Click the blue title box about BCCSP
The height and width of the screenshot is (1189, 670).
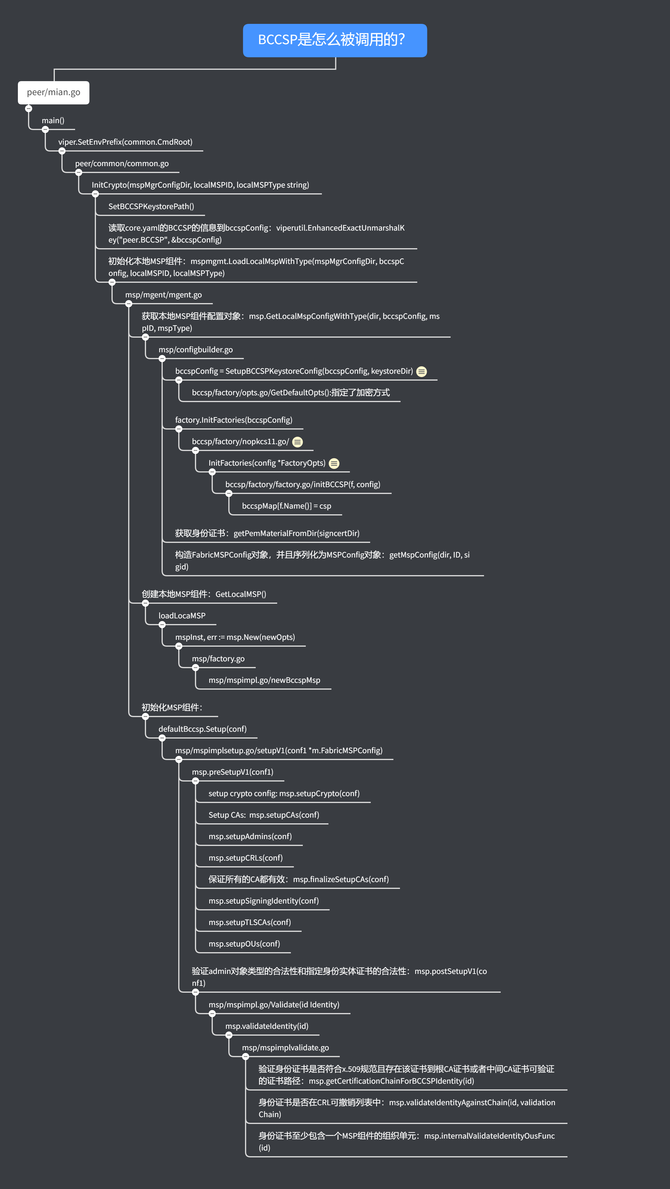pos(335,40)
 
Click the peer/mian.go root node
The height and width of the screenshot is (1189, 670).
pos(53,92)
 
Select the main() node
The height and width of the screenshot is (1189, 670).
pos(53,121)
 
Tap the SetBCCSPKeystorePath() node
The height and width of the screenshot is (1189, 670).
pos(151,206)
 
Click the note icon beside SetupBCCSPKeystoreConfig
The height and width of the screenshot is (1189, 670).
pos(421,372)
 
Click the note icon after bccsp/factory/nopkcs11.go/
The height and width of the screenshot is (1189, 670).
pos(298,442)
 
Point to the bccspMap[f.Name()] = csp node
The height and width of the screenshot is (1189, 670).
pos(286,506)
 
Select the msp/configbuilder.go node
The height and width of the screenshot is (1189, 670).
pos(196,349)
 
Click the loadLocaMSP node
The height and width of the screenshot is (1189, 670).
pos(182,616)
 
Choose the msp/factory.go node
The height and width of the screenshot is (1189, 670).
pos(218,659)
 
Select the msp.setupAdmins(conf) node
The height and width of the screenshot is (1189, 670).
pos(250,836)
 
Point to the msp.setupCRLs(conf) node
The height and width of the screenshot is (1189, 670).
pos(245,858)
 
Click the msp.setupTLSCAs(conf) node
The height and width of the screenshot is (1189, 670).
pos(249,922)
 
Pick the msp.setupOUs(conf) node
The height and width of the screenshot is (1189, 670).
pos(244,944)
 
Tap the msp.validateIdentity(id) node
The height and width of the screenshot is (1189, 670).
pos(266,1026)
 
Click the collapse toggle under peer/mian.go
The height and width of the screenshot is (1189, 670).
pos(29,109)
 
